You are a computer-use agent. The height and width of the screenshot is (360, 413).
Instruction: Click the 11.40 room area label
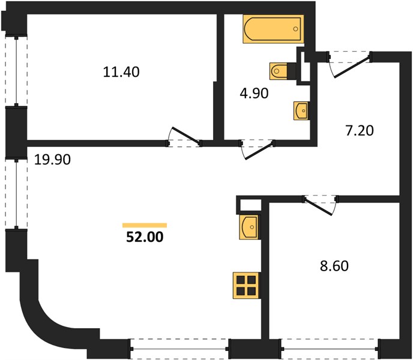coord(121,72)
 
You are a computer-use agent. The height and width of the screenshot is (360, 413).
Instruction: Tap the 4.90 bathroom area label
coord(254,93)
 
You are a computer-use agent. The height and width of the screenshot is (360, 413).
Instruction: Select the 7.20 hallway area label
coord(360,131)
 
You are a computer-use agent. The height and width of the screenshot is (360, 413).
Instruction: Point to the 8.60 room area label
coord(334,266)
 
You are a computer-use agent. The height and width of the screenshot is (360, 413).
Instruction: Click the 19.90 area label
coord(52,160)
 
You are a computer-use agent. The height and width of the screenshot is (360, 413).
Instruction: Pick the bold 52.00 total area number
coord(145,237)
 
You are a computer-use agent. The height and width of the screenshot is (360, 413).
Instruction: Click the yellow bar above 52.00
coord(145,225)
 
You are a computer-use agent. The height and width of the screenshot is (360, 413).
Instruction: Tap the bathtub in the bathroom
coord(273,29)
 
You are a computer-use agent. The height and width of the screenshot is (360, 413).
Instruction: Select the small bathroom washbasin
coord(301,111)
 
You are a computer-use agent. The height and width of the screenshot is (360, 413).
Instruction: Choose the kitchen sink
coord(249,227)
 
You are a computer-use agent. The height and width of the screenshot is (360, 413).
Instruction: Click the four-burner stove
coord(246,286)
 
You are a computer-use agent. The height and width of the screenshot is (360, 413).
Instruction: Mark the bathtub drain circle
coord(296,29)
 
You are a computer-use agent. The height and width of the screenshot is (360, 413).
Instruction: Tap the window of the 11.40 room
coord(16,71)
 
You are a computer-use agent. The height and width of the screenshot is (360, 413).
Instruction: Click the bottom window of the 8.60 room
coord(330,349)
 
